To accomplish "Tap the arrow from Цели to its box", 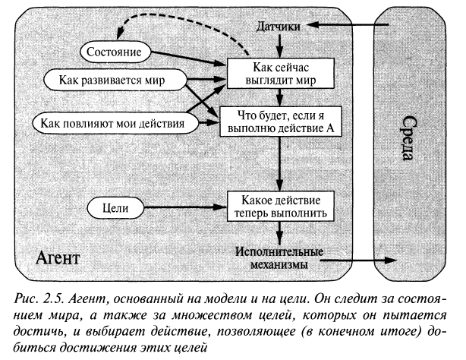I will tap(186, 206).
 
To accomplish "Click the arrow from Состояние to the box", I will tap(190, 58).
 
